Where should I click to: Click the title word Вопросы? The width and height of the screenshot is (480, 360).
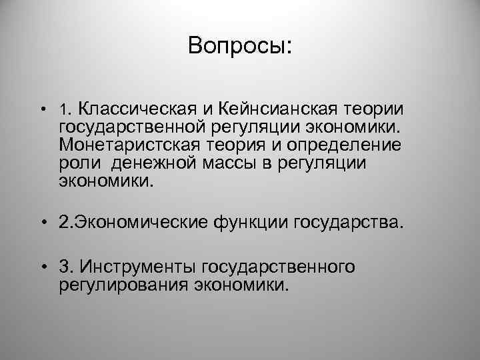click(x=239, y=46)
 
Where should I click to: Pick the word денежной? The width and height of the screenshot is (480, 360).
click(x=156, y=163)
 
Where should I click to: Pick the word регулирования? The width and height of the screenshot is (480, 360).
click(x=124, y=285)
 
